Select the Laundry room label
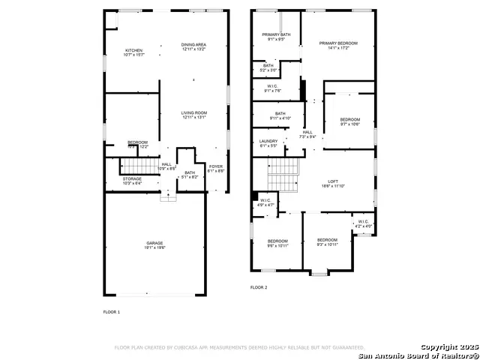coord(268,143)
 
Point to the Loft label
coord(334,182)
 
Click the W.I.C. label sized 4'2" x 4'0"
coord(363,223)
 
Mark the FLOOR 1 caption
coord(111,311)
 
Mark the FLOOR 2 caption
coord(259,287)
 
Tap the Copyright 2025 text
coord(447,347)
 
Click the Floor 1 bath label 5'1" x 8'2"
coord(190,175)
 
